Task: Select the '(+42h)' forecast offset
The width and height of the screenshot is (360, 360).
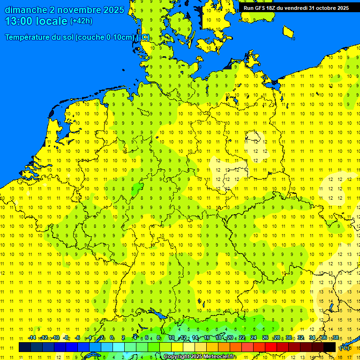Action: point(81,21)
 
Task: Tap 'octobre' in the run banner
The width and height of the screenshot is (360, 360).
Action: point(325,8)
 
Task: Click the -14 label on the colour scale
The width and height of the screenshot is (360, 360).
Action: point(32,337)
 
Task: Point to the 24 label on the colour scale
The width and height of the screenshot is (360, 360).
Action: point(254,337)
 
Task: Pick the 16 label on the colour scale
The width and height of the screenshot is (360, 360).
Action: point(207,337)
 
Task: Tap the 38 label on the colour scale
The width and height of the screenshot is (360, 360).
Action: point(336,337)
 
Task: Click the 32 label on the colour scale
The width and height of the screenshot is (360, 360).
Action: point(300,337)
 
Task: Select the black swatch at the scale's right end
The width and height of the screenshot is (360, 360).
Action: point(330,347)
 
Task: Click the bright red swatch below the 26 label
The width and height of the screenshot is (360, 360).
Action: point(271,347)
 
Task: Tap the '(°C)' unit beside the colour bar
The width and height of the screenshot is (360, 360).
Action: point(345,348)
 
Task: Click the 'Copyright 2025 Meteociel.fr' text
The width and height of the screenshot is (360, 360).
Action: point(200,357)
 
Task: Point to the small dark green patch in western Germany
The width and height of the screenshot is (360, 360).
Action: point(137,189)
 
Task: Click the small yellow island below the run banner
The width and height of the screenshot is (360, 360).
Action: point(288,32)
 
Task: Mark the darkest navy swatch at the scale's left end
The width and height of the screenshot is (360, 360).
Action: point(25,347)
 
